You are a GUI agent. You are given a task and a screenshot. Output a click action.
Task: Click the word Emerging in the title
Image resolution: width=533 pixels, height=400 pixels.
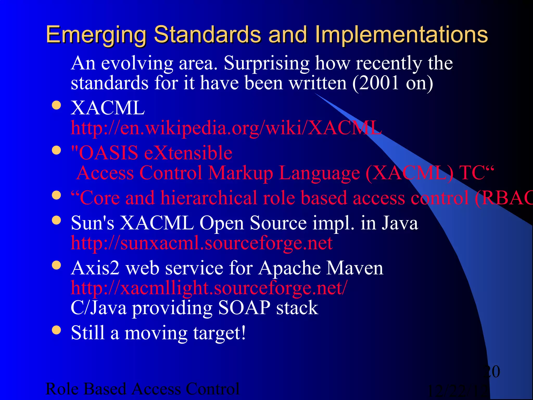click(96, 35)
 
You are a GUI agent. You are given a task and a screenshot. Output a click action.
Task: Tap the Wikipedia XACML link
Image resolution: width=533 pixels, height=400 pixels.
click(226, 128)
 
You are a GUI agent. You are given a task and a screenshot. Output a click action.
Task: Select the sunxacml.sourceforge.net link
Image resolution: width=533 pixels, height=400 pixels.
click(201, 243)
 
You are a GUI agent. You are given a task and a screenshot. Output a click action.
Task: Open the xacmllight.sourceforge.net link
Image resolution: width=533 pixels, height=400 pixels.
click(209, 288)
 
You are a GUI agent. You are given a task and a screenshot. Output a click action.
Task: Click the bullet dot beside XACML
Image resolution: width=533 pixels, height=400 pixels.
click(56, 105)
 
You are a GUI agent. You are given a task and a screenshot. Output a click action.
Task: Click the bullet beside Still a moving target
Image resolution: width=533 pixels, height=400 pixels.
click(56, 330)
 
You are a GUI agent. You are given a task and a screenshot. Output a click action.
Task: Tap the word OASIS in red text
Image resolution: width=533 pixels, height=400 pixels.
click(108, 153)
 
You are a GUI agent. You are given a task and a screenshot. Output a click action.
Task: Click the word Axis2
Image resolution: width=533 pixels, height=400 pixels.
click(95, 268)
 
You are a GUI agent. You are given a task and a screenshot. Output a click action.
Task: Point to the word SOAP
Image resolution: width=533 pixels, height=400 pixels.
click(244, 308)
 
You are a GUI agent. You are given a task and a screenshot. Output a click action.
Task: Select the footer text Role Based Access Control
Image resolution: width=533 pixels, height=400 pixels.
click(142, 389)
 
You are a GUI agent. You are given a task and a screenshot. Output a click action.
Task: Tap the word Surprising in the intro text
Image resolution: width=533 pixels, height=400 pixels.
click(266, 63)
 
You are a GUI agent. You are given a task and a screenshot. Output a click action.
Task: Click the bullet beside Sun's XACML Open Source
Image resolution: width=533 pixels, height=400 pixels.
click(56, 220)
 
